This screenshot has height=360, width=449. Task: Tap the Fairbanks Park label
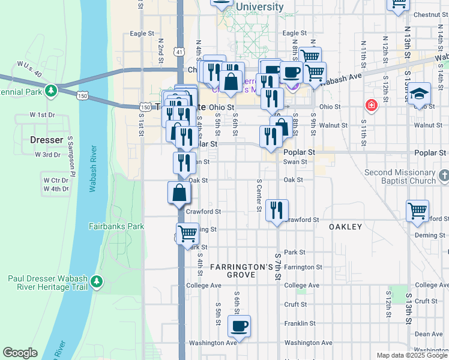pyautogui.click(x=116, y=226)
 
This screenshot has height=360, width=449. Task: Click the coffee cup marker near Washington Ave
pyautogui.click(x=239, y=327)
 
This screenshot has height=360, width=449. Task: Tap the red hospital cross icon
pyautogui.click(x=372, y=106)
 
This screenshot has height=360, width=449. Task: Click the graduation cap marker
pyautogui.click(x=420, y=94)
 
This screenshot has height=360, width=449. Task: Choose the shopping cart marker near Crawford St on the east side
pyautogui.click(x=417, y=211)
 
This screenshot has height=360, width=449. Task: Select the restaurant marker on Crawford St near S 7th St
pyautogui.click(x=277, y=211)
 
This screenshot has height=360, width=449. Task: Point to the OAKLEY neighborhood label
pyautogui.click(x=345, y=227)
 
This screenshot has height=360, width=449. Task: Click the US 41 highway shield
pyautogui.click(x=179, y=52)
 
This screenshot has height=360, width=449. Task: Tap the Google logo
pyautogui.click(x=20, y=353)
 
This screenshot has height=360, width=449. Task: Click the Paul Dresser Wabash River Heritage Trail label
pyautogui.click(x=48, y=282)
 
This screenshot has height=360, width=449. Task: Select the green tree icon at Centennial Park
pyautogui.click(x=52, y=91)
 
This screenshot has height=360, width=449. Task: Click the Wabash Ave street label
pyautogui.click(x=340, y=77)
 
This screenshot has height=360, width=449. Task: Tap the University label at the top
pyautogui.click(x=259, y=7)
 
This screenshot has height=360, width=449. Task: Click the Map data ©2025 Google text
pyautogui.click(x=412, y=355)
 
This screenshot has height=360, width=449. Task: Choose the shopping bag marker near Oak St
pyautogui.click(x=179, y=193)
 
